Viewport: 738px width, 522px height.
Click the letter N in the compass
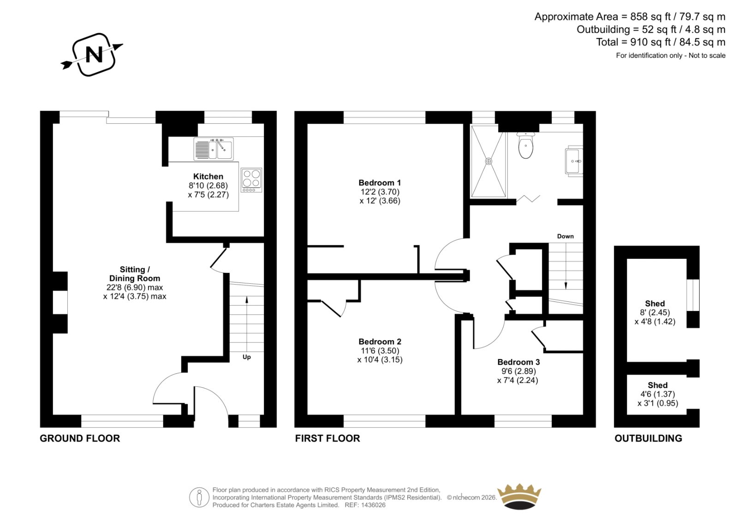94,55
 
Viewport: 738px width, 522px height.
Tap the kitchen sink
214,149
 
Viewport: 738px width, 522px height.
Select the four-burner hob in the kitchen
251,180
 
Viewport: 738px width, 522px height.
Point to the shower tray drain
488,161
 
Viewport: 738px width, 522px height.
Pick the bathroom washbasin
574,161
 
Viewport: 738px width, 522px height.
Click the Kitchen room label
208,176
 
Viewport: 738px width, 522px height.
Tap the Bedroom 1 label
380,183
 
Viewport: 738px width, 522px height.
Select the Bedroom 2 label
380,342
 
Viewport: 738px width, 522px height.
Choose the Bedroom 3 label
518,362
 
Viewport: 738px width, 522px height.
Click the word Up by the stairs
246,357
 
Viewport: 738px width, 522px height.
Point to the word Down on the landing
565,236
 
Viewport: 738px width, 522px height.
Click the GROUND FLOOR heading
80,438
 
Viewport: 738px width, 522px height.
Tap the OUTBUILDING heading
648,438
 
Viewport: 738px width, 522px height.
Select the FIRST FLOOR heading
327,438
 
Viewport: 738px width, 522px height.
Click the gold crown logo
519,497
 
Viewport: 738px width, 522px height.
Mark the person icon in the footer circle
199,498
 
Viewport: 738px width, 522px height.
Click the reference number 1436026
373,505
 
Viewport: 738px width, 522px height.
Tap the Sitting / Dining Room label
135,274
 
